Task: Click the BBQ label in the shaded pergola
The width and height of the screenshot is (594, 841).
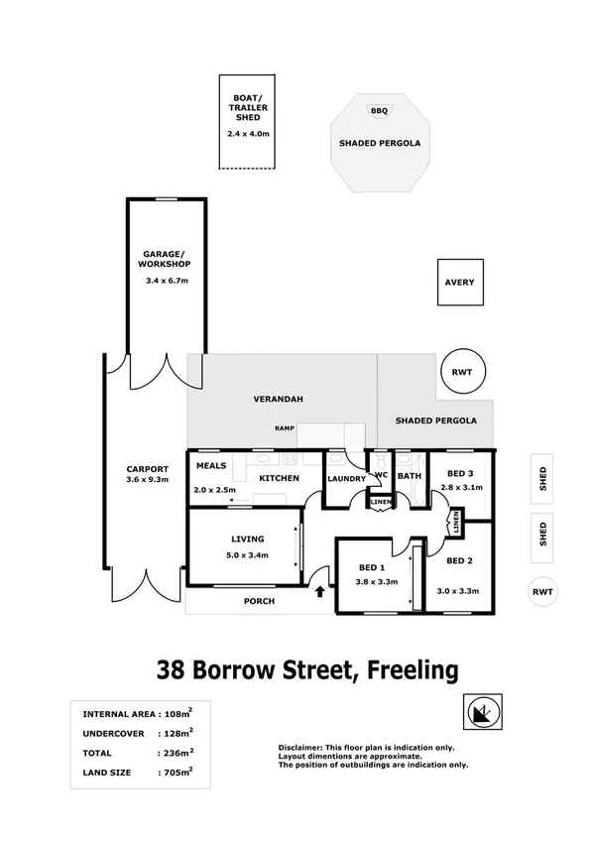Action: (x=379, y=111)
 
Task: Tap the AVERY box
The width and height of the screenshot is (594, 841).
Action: (x=459, y=283)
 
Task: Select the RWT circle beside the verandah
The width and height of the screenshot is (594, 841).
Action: (x=461, y=372)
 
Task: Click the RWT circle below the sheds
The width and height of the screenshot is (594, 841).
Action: (x=542, y=592)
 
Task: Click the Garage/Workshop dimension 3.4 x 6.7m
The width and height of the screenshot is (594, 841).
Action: (x=166, y=282)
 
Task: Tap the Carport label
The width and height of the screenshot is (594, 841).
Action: (x=147, y=469)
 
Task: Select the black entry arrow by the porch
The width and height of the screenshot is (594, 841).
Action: (x=319, y=593)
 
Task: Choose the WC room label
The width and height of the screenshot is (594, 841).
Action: (x=379, y=474)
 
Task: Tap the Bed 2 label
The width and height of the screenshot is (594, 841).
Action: (x=457, y=561)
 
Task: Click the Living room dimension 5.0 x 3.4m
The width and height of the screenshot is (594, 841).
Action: (x=248, y=554)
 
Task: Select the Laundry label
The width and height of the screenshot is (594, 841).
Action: (x=346, y=479)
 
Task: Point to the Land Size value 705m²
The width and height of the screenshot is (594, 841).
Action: (x=178, y=771)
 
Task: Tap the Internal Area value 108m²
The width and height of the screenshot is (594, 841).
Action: (x=178, y=714)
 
